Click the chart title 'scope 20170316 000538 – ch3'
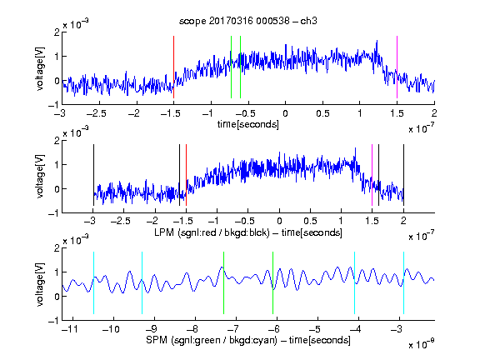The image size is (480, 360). [248, 21]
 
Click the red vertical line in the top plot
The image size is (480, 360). [173, 67]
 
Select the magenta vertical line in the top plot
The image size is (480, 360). [397, 67]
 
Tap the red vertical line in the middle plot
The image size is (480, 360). [186, 175]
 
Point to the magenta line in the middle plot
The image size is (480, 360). [372, 175]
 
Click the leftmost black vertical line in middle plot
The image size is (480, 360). [93, 175]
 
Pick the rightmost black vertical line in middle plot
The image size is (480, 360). [403, 175]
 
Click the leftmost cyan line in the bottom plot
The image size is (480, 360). [93, 282]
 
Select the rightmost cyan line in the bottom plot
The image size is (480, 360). [403, 282]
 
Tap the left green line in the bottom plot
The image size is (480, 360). [224, 282]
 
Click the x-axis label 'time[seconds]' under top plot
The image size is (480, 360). [248, 124]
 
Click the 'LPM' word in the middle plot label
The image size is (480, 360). [164, 232]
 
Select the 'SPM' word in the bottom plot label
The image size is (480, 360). [157, 340]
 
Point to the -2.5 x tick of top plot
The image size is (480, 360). [96, 113]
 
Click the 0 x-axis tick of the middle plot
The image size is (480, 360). [279, 221]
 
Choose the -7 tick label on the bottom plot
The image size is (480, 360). [232, 329]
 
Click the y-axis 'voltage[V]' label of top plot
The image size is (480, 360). [40, 68]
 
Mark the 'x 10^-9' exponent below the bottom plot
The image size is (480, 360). [421, 344]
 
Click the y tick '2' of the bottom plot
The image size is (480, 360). [57, 248]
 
